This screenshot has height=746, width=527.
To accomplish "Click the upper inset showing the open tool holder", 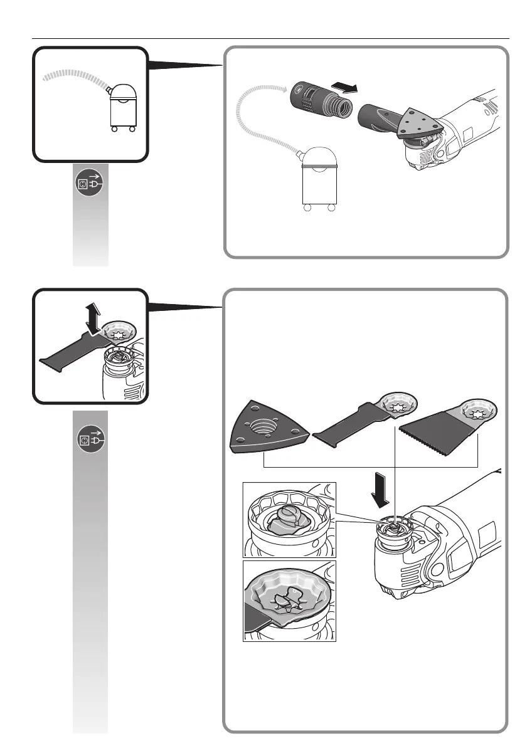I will (289, 520).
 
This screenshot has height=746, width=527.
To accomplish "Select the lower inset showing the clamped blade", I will (289, 601).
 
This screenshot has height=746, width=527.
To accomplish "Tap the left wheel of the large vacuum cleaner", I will (307, 208).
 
